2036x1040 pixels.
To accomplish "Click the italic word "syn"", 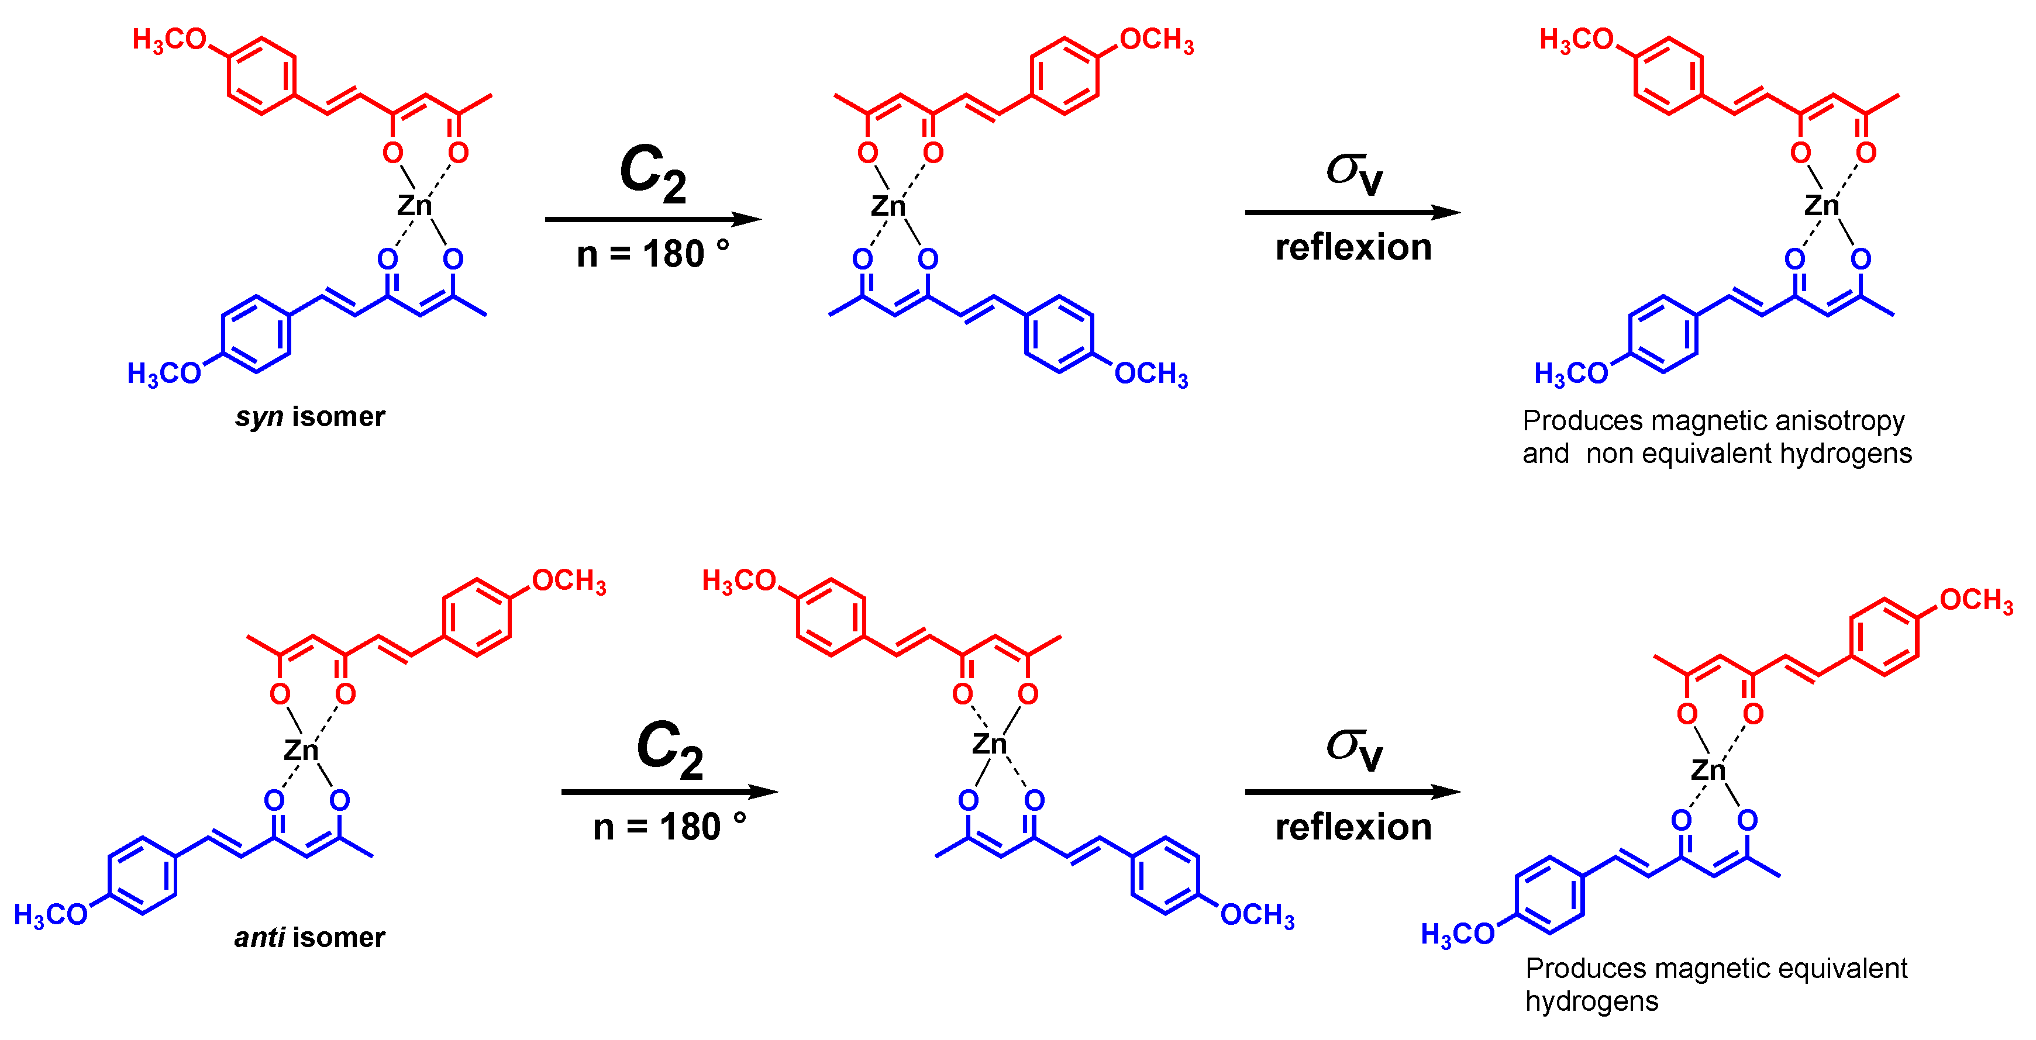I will (x=259, y=417).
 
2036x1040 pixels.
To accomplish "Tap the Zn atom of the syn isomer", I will (x=414, y=205).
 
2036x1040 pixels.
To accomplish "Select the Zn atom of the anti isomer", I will (x=301, y=749).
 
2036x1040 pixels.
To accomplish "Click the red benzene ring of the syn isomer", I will (x=261, y=76).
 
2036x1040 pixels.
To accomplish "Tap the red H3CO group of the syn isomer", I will (x=169, y=40).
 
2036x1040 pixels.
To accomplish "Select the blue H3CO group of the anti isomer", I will (x=50, y=915).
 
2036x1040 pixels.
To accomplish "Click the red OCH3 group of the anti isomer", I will (x=569, y=582).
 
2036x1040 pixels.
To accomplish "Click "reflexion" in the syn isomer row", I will (x=1353, y=248).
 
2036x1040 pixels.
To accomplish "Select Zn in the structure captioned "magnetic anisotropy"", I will (x=1821, y=205).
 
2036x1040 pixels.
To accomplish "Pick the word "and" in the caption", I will (x=1545, y=454).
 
